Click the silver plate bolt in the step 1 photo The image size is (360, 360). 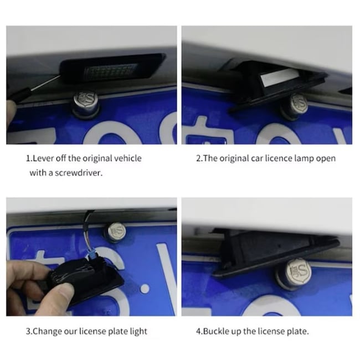point(86,104)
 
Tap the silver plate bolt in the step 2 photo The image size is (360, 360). point(296,106)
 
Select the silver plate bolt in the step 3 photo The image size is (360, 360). point(115,233)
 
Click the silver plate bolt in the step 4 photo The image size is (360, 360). point(295,274)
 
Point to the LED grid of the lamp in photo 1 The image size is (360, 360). point(111,71)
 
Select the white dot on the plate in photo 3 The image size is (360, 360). point(145,289)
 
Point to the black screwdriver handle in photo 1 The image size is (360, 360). point(20,94)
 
